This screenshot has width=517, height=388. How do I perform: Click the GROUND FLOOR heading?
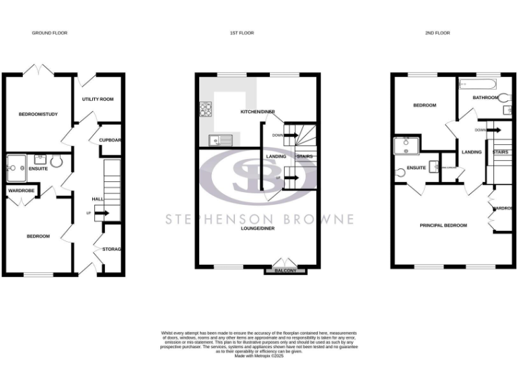[50, 33]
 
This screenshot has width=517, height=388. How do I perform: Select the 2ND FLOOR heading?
[438, 33]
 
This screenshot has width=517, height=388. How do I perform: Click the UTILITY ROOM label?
[98, 99]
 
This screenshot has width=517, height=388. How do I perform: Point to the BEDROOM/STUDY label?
[38, 114]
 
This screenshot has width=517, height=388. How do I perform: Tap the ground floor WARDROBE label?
[21, 191]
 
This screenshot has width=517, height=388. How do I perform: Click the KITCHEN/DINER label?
[258, 112]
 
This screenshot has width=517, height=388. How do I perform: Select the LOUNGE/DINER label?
[258, 228]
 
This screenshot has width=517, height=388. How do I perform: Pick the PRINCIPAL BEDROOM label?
[443, 225]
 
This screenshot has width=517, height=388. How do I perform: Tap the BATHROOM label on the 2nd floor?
[485, 98]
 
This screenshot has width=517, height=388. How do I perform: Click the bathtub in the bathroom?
[478, 85]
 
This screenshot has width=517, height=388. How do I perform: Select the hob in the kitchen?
[206, 110]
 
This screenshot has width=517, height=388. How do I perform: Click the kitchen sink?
[220, 140]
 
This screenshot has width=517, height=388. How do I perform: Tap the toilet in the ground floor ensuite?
[55, 162]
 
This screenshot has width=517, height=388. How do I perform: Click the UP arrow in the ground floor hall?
[100, 214]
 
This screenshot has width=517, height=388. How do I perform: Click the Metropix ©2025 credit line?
[259, 356]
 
